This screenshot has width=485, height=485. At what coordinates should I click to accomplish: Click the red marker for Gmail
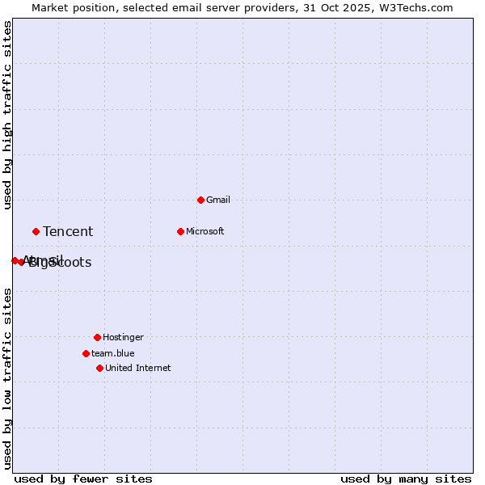coord(200,200)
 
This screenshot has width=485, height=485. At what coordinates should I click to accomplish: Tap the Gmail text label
coord(218,200)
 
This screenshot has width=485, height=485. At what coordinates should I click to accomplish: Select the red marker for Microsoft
coord(180,231)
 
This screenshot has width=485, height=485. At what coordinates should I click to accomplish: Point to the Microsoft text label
coord(205,231)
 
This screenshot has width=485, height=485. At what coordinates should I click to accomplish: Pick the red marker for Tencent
coord(36,231)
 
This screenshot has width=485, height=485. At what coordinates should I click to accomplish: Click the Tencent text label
coord(68,232)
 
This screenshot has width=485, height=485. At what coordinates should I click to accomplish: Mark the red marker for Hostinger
coord(97,337)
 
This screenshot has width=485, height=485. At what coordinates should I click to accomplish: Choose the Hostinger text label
coord(123,337)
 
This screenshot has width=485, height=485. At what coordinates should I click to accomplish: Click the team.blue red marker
coord(86,353)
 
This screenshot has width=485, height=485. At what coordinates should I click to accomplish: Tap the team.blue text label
coord(113,353)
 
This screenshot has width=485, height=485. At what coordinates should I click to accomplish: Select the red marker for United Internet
coord(99,368)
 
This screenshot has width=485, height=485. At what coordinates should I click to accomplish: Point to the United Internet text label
coord(138,368)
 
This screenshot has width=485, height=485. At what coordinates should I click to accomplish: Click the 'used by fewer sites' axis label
coord(83,479)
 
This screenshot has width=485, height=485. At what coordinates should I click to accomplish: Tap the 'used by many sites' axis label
coord(406,479)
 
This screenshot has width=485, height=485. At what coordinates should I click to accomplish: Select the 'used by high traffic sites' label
coord(7,115)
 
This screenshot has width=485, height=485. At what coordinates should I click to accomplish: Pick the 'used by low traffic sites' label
coord(7,378)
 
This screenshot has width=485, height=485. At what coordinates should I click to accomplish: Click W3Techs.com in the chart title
coord(414,7)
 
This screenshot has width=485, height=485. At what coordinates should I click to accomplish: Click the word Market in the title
coord(50,7)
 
